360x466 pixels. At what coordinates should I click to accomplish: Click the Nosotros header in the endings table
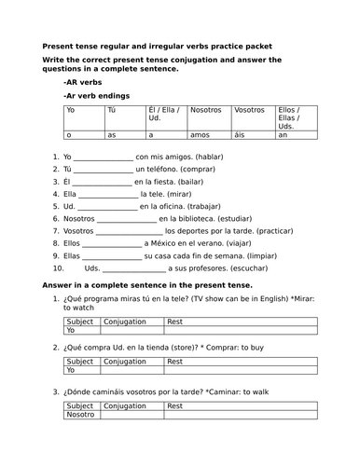pyautogui.click(x=206, y=110)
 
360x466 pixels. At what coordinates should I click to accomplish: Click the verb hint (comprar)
pyautogui.click(x=200, y=168)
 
